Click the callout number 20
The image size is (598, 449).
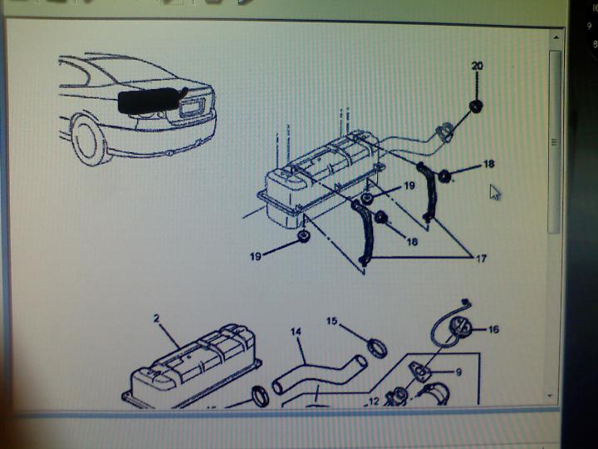pos(477,65)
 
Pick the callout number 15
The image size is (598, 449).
pos(332,321)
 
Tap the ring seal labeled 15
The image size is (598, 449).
pos(375,346)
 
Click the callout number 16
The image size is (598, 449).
pos(493,330)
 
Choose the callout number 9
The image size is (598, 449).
pos(458,373)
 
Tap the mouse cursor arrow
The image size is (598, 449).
pos(495,192)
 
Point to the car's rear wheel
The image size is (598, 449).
pos(90,140)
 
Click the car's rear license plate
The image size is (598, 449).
pos(190,106)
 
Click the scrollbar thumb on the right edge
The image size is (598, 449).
pos(555,141)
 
